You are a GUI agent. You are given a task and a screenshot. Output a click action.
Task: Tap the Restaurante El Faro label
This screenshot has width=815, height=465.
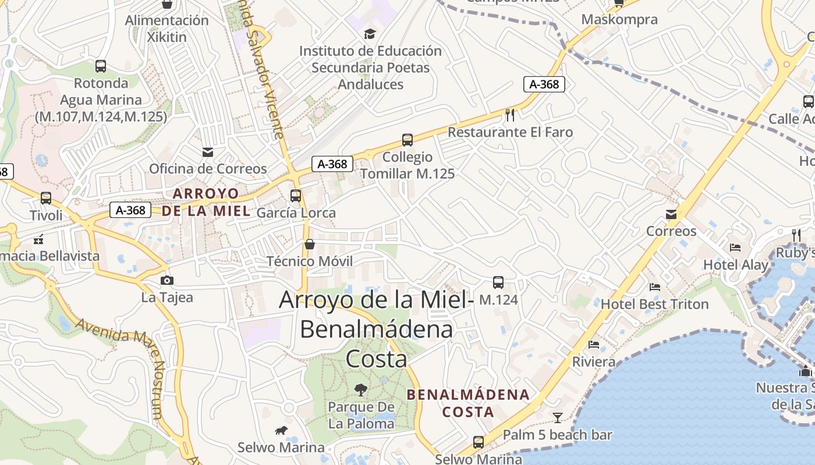[x=510, y=132]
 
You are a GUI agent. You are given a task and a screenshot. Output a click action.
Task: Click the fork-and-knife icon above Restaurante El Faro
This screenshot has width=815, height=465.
[x=510, y=115]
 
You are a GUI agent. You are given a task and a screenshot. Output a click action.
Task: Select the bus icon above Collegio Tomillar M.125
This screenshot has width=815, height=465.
[x=408, y=140]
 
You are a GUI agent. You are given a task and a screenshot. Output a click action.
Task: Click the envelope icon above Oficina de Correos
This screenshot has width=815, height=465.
[x=208, y=152]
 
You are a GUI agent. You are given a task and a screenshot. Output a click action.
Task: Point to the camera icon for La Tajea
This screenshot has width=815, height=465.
[x=167, y=281]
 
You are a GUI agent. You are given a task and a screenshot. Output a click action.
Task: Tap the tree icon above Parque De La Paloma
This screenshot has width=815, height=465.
[x=361, y=389]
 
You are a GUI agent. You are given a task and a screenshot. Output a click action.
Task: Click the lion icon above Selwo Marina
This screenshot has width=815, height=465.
[x=281, y=431]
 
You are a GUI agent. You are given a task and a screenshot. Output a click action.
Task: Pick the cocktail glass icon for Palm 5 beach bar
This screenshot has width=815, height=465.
[x=558, y=417]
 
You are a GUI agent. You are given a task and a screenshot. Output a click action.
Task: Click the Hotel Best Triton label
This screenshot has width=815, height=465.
[x=654, y=304]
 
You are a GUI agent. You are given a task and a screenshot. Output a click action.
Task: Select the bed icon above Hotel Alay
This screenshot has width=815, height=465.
[x=735, y=248]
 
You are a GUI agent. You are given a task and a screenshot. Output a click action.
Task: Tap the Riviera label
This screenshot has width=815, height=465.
[x=594, y=362]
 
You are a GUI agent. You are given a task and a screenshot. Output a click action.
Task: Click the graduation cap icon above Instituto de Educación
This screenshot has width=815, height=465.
[x=370, y=34]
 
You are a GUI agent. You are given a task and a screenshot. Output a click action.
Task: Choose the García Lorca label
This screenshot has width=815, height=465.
[x=296, y=213]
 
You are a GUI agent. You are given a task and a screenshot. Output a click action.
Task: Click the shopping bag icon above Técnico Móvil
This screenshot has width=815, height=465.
[x=310, y=244]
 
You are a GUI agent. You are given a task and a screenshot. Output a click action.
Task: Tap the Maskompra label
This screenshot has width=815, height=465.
[x=619, y=19]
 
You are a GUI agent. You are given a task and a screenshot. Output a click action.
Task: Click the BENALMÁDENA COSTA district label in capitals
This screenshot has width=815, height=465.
[x=468, y=403]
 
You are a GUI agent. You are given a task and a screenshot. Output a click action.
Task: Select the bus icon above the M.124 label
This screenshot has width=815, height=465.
[x=498, y=282]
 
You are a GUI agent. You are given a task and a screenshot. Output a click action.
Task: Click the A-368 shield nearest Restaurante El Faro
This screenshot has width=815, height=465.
[x=544, y=84]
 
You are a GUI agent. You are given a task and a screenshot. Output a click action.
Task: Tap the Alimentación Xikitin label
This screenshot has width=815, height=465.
[x=166, y=28]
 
